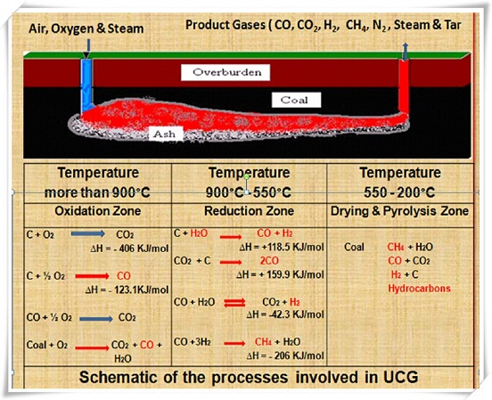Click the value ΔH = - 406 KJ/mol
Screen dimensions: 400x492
[x=119, y=248]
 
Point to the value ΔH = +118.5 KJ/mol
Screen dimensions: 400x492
[x=279, y=246]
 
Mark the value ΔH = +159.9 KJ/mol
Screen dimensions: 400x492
[x=279, y=276]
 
